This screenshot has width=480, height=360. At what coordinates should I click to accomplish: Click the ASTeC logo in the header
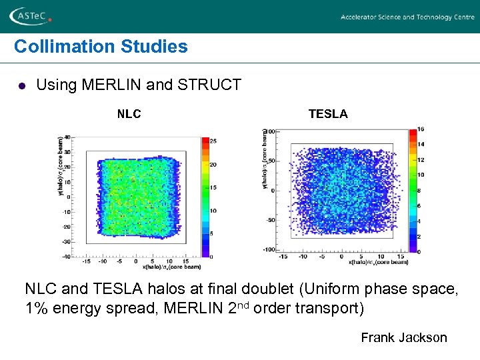tap(31, 15)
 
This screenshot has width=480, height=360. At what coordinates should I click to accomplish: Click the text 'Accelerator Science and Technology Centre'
tap(407, 17)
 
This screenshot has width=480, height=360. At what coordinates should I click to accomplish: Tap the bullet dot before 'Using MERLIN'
tap(21, 86)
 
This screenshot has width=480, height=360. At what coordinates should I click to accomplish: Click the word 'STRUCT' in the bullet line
tap(217, 85)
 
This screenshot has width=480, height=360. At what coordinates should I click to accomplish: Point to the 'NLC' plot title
tap(129, 114)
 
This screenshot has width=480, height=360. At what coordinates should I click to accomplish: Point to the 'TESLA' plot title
tap(327, 114)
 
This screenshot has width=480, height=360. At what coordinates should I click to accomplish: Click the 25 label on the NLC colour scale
tap(213, 141)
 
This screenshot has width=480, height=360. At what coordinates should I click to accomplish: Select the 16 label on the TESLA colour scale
tap(420, 129)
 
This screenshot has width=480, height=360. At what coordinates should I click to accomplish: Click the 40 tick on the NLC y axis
tap(67, 152)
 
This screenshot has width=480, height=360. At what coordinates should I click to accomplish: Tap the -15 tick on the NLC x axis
tap(86, 261)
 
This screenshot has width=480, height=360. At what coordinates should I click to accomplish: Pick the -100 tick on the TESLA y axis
tap(269, 250)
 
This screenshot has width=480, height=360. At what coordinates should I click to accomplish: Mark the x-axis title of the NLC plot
tap(171, 267)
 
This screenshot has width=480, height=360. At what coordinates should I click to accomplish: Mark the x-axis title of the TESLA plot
tap(378, 262)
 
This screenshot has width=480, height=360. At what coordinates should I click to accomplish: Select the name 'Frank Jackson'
tap(404, 337)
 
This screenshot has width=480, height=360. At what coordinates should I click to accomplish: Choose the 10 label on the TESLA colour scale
tap(420, 175)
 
